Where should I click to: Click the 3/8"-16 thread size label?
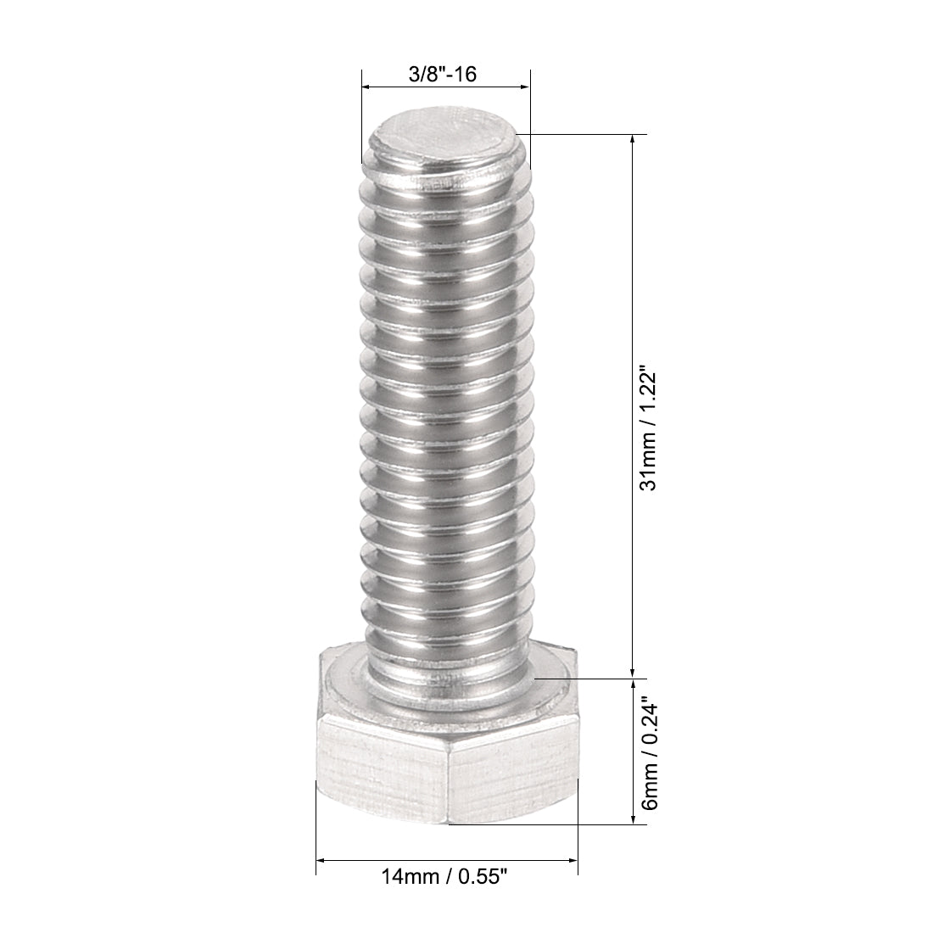tap(442, 74)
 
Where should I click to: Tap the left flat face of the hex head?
tap(382, 768)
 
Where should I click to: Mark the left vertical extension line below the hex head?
tap(316, 840)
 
